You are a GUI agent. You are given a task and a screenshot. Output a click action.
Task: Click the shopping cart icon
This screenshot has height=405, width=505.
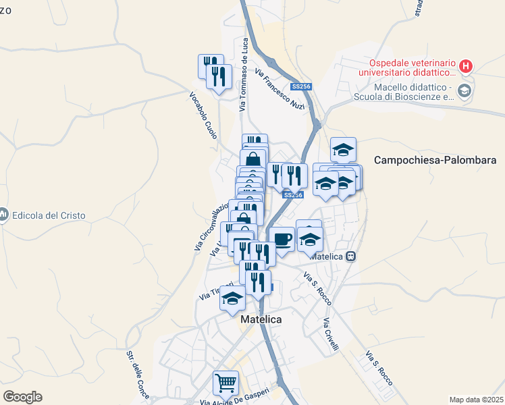[x=225, y=383]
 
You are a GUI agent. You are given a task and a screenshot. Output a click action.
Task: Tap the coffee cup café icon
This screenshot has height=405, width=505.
[x=282, y=239]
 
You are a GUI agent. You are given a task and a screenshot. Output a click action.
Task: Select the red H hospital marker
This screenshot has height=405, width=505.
[x=464, y=66]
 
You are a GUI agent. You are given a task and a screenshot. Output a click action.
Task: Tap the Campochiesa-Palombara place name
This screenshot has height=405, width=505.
[x=435, y=161]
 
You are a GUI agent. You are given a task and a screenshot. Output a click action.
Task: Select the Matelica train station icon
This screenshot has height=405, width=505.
[x=351, y=256]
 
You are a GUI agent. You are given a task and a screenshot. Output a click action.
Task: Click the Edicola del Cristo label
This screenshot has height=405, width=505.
[x=48, y=215]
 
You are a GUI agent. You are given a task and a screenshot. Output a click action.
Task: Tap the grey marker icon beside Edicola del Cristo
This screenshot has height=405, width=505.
[x=3, y=215]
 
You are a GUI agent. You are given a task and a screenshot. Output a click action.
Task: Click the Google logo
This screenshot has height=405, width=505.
[x=22, y=397]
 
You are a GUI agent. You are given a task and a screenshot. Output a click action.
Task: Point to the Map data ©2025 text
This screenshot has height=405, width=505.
[x=475, y=399]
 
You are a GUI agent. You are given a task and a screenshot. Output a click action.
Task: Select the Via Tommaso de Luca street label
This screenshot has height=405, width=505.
[x=244, y=74]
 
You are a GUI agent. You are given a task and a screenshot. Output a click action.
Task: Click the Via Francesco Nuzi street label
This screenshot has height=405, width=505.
[x=280, y=90]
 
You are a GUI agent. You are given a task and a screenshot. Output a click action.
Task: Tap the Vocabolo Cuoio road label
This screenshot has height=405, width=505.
[x=203, y=115]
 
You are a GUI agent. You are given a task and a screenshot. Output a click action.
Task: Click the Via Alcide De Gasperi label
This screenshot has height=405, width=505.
[x=235, y=398]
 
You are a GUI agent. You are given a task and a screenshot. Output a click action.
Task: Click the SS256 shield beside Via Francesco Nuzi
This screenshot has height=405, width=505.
[x=300, y=87]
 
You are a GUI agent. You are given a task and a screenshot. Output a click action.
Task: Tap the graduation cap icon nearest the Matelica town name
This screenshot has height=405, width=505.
[x=233, y=298]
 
